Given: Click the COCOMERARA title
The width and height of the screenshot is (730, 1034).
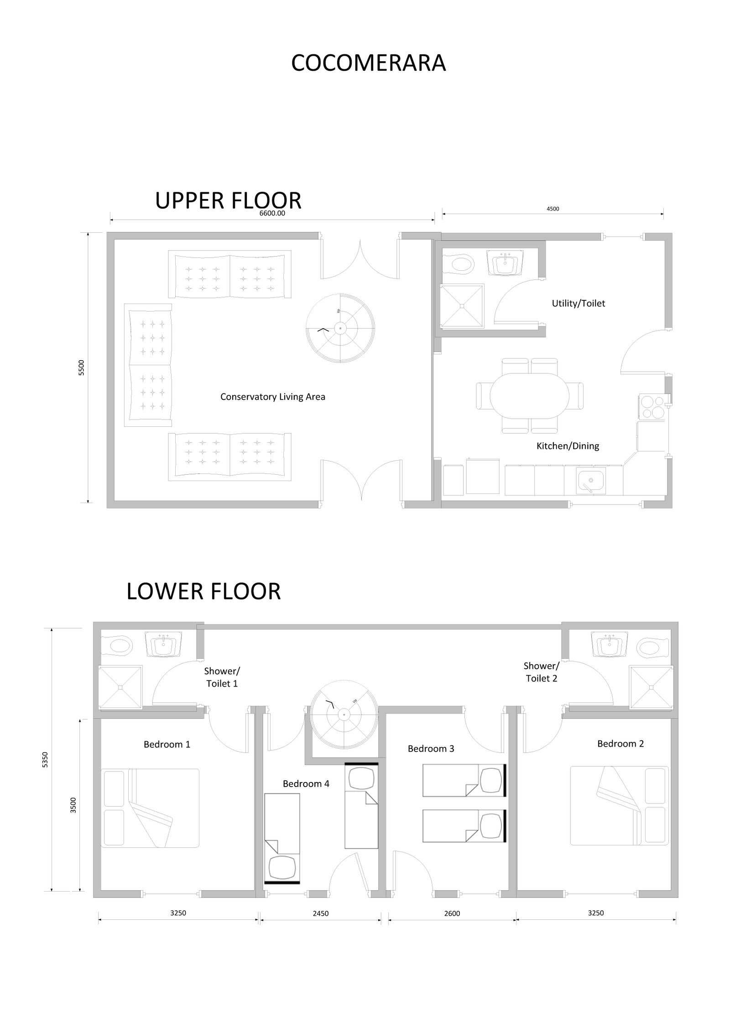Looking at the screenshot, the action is (x=368, y=63).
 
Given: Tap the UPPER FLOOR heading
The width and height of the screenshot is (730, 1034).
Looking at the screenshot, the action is (x=228, y=200).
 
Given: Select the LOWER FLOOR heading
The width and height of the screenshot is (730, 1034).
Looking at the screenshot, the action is (x=203, y=591).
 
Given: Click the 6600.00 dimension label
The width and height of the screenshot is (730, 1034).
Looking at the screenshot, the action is (x=272, y=213).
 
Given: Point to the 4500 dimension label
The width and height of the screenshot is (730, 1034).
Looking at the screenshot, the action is (x=553, y=209).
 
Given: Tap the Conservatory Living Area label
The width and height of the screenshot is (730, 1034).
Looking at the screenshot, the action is (x=273, y=397).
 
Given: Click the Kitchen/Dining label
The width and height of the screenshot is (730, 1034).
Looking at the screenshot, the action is (x=568, y=446).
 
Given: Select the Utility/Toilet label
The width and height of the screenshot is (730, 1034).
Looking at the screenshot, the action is (x=579, y=303).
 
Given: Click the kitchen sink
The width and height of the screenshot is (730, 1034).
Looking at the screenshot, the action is (x=590, y=481).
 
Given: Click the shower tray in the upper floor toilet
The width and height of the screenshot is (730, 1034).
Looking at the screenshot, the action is (x=462, y=306).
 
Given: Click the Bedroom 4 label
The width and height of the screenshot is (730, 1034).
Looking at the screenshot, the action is (x=306, y=784).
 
